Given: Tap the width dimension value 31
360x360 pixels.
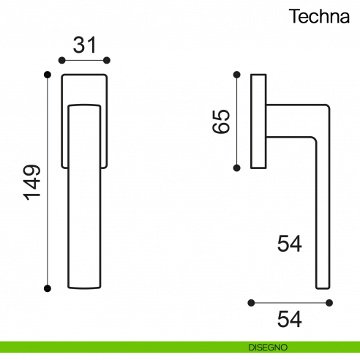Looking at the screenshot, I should click(x=84, y=45).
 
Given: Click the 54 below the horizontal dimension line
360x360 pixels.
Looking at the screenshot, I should click(x=290, y=319).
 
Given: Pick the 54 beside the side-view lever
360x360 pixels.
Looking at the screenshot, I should click(x=290, y=244).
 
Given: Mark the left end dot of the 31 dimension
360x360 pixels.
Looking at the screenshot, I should click(x=61, y=60).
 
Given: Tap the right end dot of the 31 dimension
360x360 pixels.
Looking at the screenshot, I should click(x=107, y=60).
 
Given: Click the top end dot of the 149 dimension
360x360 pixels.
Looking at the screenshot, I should click(x=48, y=73).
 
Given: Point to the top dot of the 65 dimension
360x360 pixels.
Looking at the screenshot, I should click(x=236, y=73).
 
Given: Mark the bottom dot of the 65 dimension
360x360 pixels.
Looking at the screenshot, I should click(x=236, y=168).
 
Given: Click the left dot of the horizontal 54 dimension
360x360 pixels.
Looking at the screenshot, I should click(x=251, y=301).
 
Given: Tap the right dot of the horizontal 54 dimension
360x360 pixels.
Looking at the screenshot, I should click(x=329, y=301).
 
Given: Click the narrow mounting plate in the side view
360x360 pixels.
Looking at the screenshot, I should click(x=258, y=121).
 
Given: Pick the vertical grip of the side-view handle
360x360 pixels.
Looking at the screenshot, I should click(x=322, y=220).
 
